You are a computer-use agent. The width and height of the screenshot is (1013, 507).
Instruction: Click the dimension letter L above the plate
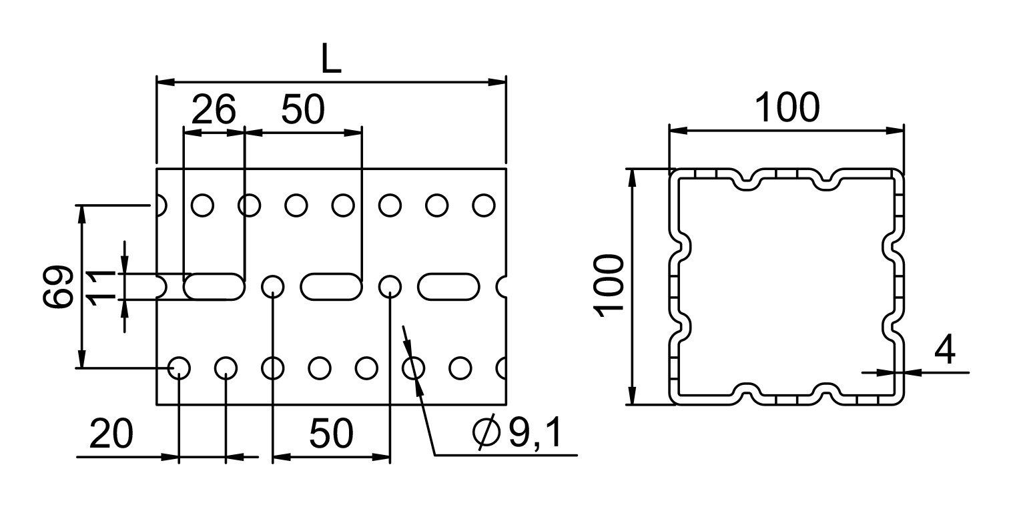point(330,59)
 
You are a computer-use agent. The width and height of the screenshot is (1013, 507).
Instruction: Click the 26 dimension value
point(214,109)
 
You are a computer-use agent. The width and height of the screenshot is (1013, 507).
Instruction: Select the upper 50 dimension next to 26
point(302,109)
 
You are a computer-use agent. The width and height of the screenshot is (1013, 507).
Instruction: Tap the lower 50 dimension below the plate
point(330,433)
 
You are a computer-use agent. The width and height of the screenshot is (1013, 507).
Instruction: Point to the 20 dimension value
point(111,433)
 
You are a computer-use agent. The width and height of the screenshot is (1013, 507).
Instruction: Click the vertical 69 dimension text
point(58,286)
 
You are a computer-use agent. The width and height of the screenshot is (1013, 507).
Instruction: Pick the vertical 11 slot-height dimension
point(101,287)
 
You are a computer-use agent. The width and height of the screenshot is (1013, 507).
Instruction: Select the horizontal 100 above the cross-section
point(787,107)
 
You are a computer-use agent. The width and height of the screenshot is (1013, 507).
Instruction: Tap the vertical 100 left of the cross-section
point(609,286)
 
